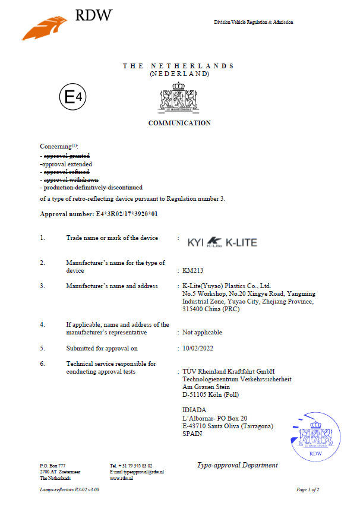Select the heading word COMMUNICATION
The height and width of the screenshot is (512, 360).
[179, 124]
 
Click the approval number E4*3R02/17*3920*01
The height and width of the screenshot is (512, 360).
[99, 214]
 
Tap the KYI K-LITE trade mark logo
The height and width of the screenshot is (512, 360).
[223, 242]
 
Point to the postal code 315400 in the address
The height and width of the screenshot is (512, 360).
[194, 310]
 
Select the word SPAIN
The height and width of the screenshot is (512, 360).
[192, 434]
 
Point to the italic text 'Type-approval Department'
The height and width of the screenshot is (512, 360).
[237, 465]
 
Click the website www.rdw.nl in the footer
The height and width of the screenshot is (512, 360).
[121, 478]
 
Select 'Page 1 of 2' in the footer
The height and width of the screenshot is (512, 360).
[308, 490]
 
